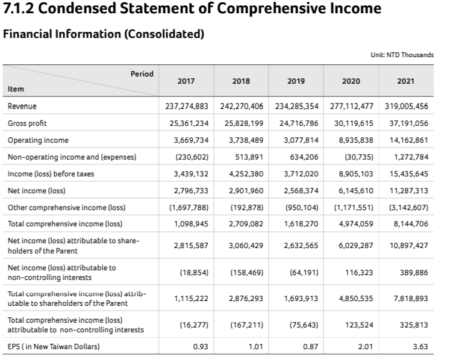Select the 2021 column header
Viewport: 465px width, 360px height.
tap(406, 81)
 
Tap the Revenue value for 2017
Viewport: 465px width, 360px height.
tap(187, 106)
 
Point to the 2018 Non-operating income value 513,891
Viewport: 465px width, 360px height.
tap(249, 157)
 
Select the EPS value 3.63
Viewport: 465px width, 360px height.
tap(419, 346)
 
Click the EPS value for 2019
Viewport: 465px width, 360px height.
tap(310, 346)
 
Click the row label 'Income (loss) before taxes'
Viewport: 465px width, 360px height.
tap(51, 174)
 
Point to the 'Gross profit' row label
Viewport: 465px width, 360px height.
tap(27, 123)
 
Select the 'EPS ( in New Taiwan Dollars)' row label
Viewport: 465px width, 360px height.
tap(54, 346)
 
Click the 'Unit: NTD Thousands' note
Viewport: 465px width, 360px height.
tap(402, 55)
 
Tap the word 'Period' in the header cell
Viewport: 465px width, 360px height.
tap(142, 73)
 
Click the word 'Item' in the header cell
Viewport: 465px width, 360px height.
tap(16, 88)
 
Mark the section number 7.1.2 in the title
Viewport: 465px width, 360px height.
tap(20, 9)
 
